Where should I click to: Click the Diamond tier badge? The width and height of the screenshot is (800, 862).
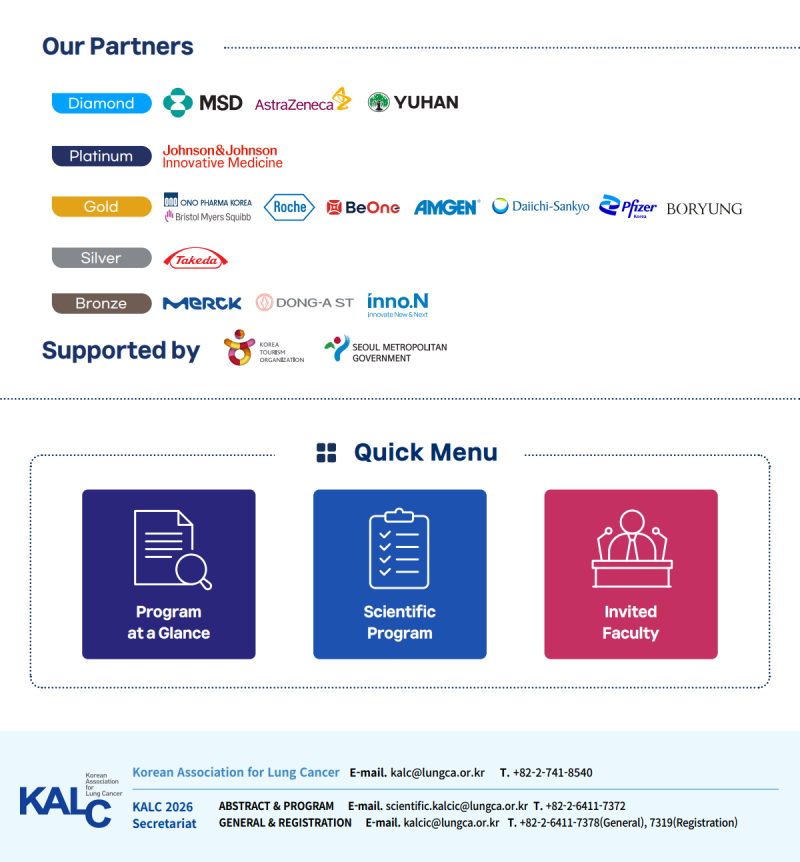pos(102,103)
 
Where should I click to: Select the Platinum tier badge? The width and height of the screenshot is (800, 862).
pos(102,156)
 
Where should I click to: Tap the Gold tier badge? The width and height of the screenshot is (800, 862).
pos(102,207)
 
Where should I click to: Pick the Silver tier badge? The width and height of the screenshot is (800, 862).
pos(102,258)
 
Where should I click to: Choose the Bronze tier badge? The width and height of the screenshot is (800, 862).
pos(102,303)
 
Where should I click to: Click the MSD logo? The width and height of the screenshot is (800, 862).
pos(203,103)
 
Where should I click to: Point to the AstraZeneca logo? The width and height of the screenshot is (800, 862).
pos(302,100)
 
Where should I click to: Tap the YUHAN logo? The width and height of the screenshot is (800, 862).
pos(413,102)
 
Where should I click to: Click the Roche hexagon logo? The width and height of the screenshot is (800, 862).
pos(289,207)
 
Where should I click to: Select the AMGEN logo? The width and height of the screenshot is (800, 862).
pos(447,207)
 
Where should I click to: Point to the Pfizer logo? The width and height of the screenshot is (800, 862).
pos(627,206)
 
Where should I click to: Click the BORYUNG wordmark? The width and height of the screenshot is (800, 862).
pos(704,209)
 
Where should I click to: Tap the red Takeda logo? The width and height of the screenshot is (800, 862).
pos(196,259)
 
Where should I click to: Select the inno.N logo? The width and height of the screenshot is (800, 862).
pos(398,305)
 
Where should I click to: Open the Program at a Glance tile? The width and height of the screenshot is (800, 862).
pos(169,574)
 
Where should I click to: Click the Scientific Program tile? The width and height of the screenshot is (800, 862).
pos(400,574)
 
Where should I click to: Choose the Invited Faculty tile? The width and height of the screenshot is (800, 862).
pos(631,574)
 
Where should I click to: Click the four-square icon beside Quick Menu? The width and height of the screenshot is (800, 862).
pos(327,453)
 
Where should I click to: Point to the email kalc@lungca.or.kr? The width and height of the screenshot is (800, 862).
pos(438,772)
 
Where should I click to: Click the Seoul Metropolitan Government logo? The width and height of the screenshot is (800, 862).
pos(385,349)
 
